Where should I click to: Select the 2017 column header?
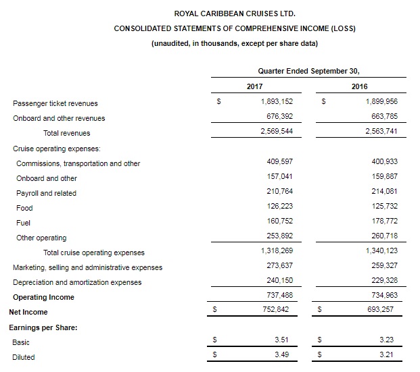click(x=254, y=86)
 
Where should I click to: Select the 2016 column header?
click(x=360, y=86)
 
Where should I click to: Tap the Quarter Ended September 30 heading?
click(x=308, y=70)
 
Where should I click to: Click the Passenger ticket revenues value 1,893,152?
click(x=277, y=103)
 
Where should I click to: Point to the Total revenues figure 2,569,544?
click(x=277, y=132)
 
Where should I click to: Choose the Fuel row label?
click(x=23, y=223)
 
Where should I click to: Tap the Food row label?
click(x=24, y=208)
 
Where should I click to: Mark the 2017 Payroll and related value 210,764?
click(x=279, y=192)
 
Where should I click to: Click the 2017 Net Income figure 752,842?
click(x=279, y=311)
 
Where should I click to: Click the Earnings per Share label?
click(x=43, y=327)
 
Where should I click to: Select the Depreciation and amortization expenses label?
click(x=77, y=282)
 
